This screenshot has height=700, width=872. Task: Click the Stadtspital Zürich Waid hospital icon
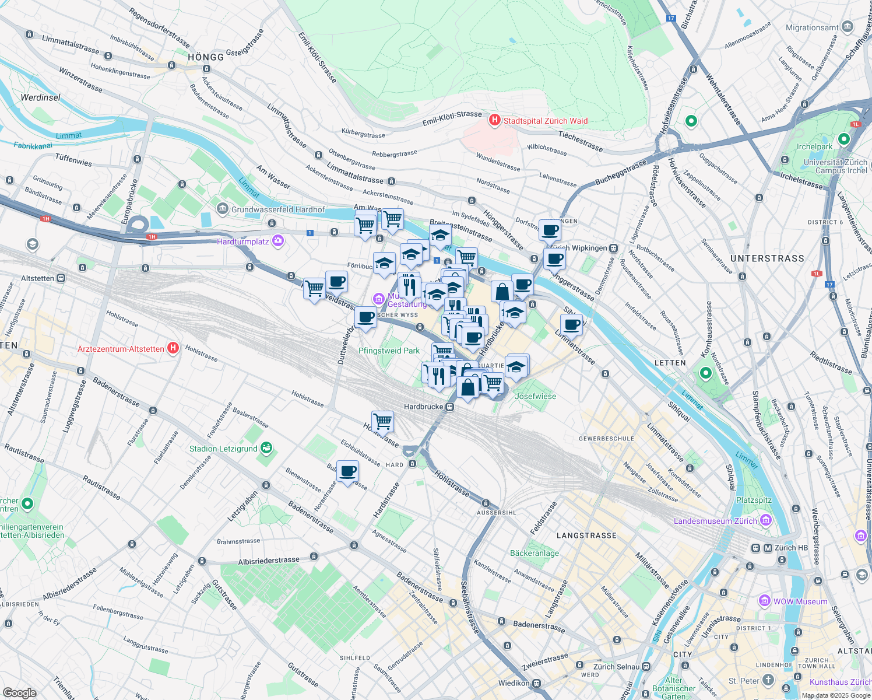coord(495,120)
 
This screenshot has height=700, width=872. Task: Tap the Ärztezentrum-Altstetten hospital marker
coord(173,348)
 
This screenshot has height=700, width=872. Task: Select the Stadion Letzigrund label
coord(223,449)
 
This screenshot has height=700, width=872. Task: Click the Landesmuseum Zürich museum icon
coord(766,520)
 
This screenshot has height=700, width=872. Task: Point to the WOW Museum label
coord(800,601)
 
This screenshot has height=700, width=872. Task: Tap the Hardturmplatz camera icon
coord(278,241)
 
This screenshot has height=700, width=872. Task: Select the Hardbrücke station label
coord(424,407)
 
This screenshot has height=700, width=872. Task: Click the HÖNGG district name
coord(206,57)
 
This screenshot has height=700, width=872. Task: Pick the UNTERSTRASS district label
coord(767,258)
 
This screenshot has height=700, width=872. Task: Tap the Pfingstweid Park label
coord(389,351)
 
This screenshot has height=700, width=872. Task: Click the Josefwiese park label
coord(535,396)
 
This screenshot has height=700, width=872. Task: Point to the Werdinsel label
coord(40,97)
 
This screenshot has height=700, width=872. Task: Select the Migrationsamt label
coord(812,27)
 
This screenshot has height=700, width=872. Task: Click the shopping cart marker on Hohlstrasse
coord(382,421)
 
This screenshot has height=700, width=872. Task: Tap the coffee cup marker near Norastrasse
coord(348,471)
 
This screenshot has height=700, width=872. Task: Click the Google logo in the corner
coord(19,692)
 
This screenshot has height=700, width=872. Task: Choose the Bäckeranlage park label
coord(534,553)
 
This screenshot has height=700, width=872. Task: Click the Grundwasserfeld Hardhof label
coord(278,209)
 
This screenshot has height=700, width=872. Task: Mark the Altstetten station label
coord(37,278)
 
